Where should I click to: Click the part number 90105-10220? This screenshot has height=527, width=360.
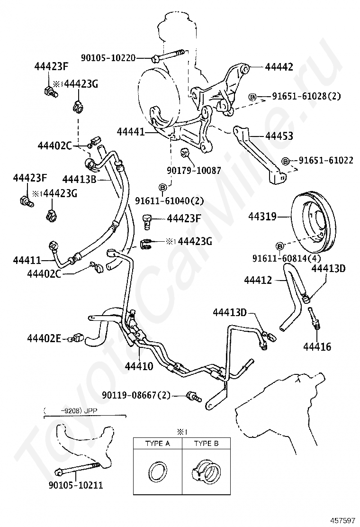tap(108, 58)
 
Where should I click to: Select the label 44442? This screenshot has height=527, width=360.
tap(279, 67)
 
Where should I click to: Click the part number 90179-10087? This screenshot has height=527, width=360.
tap(194, 170)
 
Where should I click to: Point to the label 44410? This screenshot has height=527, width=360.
tap(139, 366)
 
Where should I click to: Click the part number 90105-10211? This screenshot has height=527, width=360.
tap(76, 485)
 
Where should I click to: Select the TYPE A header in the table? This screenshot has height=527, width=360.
tap(157, 444)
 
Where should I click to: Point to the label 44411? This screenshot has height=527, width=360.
tap(27, 260)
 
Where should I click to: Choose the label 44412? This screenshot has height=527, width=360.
tap(258, 280)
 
